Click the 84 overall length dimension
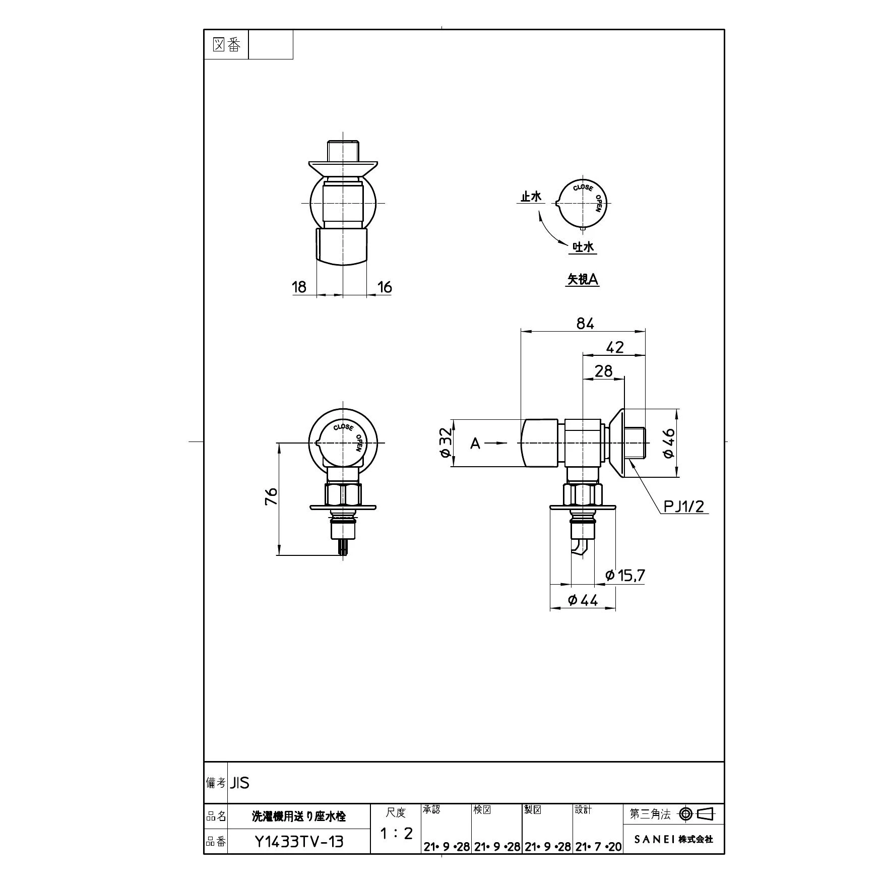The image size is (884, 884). coord(585,324)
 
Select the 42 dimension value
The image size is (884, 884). coord(615,347)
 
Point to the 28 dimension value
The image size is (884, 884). coord(603,371)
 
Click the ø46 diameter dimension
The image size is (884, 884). coord(669,443)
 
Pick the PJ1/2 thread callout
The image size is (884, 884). coord(683,506)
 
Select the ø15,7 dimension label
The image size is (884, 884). coord(625,575)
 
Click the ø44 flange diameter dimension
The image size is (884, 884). coord(583,600)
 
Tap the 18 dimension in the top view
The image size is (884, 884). coord(299,287)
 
